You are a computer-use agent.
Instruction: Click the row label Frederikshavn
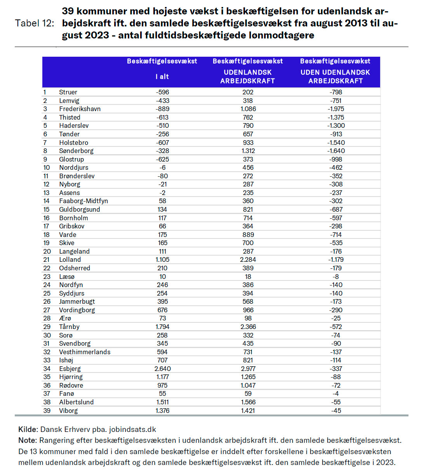point(80,109)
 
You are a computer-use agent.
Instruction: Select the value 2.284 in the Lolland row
point(248,259)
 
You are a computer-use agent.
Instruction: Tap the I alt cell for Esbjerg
point(162,369)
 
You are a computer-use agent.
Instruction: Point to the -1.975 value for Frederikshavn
point(336,109)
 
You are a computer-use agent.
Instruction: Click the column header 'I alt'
point(162,77)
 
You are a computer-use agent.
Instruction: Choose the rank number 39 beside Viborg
point(47,411)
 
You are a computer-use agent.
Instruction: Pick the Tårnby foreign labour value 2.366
point(248,327)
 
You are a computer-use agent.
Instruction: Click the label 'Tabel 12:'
point(35,23)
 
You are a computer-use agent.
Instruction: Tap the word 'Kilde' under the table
point(27,430)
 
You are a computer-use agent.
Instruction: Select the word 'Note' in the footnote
point(27,440)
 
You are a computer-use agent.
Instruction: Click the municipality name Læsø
point(66,277)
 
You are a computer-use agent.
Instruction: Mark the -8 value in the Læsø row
point(336,277)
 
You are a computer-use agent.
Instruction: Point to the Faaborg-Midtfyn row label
point(83,201)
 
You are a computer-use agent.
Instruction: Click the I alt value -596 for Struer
point(162,92)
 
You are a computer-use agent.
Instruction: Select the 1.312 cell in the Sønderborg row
point(248,151)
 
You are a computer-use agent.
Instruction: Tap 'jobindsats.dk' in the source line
point(133,430)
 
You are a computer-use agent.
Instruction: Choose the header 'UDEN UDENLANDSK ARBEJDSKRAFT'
point(335,77)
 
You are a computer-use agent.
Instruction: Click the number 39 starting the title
point(68,11)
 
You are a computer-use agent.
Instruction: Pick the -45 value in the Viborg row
point(336,411)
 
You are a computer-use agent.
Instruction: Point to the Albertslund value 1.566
point(248,402)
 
